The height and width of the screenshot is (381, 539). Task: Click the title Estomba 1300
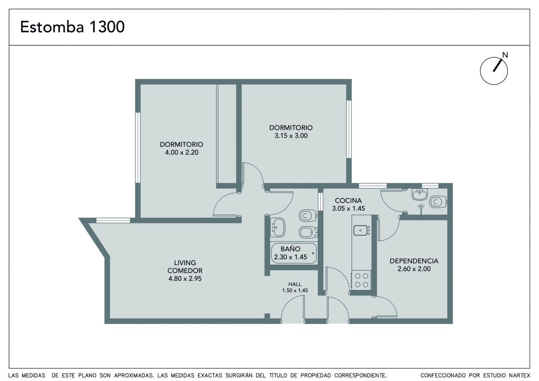(73, 27)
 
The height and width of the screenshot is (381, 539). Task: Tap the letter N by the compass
(505, 55)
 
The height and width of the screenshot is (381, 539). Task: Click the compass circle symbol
(494, 71)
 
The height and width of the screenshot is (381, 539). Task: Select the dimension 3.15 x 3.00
(291, 135)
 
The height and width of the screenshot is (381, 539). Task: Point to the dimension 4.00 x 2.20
(182, 152)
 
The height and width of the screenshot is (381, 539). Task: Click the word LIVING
(185, 263)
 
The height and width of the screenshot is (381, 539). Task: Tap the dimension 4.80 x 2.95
(185, 278)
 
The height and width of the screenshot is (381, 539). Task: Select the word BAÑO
(290, 249)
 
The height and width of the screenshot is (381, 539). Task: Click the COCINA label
(348, 200)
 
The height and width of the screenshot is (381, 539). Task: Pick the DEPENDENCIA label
(414, 261)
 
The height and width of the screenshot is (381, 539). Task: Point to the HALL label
(295, 284)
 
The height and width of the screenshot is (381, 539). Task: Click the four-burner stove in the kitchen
(362, 280)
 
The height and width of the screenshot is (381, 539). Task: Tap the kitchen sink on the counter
(360, 230)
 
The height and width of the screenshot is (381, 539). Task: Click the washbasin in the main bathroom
(277, 228)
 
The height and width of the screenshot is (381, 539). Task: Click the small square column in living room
(267, 316)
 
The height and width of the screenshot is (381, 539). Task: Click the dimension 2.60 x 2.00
(414, 269)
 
